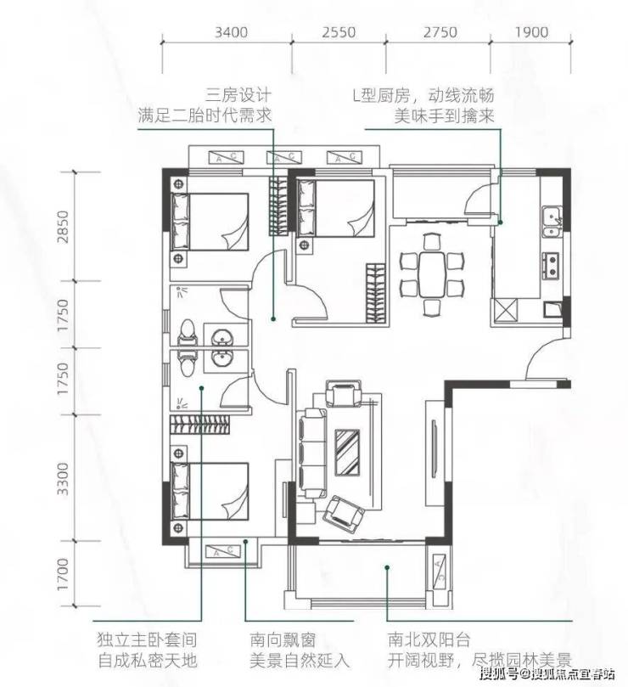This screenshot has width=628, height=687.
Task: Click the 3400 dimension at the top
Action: pyautogui.click(x=231, y=32)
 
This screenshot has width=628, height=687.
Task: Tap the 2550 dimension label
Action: pyautogui.click(x=339, y=32)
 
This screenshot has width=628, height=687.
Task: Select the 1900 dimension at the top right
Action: pyautogui.click(x=531, y=32)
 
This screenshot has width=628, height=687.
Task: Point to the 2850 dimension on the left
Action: pyautogui.click(x=64, y=227)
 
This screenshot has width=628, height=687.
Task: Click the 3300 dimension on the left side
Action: pyautogui.click(x=64, y=478)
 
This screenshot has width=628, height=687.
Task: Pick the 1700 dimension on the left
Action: pyautogui.click(x=64, y=573)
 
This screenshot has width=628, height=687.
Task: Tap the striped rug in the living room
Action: pyautogui.click(x=347, y=452)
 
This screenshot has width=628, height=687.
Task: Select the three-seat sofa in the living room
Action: pyautogui.click(x=312, y=453)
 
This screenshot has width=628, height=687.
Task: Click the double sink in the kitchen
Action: pyautogui.click(x=552, y=222)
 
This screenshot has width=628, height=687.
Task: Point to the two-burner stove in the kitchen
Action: pyautogui.click(x=551, y=265)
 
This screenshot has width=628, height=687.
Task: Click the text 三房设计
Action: pyautogui.click(x=239, y=95)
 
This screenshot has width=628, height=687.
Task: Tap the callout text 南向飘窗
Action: pyautogui.click(x=283, y=640)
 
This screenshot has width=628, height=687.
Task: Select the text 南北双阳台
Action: pyautogui.click(x=429, y=640)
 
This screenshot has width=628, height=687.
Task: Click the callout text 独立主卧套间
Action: pyautogui.click(x=147, y=640)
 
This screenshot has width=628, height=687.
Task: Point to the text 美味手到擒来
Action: pyautogui.click(x=444, y=116)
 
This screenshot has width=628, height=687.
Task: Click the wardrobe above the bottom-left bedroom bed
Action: pyautogui.click(x=199, y=424)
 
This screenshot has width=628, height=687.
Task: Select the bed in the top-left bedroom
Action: pyautogui.click(x=210, y=222)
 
